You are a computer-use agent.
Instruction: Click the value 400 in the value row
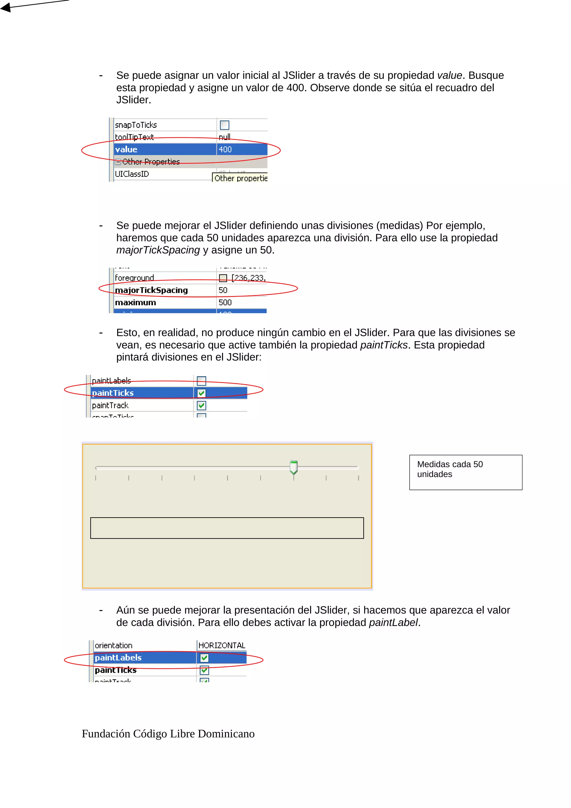225,149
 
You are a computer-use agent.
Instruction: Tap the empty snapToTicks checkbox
224,125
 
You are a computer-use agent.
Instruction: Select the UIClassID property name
132,174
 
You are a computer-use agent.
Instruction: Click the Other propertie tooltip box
240,178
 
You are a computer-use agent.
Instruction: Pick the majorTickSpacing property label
151,290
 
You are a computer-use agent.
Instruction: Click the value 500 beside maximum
225,303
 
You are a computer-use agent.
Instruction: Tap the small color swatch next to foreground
223,278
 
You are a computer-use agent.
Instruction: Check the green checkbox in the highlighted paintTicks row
202,393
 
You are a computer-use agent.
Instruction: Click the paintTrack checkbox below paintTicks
202,406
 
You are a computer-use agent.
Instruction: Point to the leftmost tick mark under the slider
96,478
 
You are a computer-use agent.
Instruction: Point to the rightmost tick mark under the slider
359,478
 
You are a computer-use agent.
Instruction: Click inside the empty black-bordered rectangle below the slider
227,528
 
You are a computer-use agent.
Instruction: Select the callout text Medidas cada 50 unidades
450,469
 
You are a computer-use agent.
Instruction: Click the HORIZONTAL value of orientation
222,645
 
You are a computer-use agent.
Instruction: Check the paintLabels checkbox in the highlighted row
204,658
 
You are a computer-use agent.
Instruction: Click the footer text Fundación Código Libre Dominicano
168,734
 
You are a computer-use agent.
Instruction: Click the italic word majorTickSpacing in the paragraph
158,250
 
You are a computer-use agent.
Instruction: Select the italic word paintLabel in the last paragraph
393,623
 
